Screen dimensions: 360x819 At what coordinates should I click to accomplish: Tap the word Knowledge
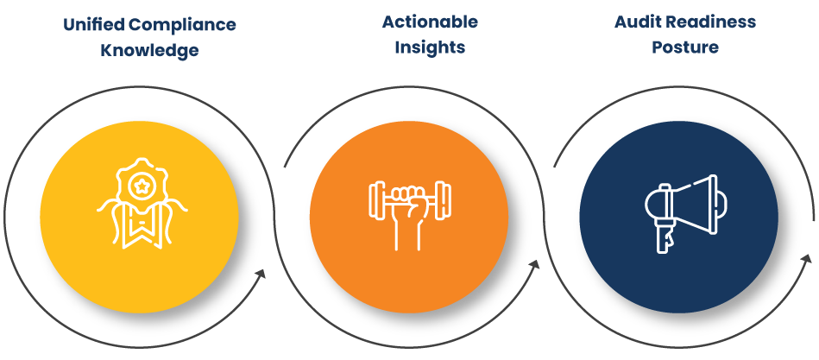click(x=149, y=51)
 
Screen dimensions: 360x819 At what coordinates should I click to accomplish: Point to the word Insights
click(x=430, y=47)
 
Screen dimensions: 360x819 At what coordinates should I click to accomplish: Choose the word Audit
click(x=636, y=22)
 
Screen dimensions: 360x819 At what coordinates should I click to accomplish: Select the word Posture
click(x=685, y=47)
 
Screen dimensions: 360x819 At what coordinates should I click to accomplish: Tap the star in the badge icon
click(x=139, y=185)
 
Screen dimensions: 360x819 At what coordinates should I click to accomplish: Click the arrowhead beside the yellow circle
click(x=258, y=276)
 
